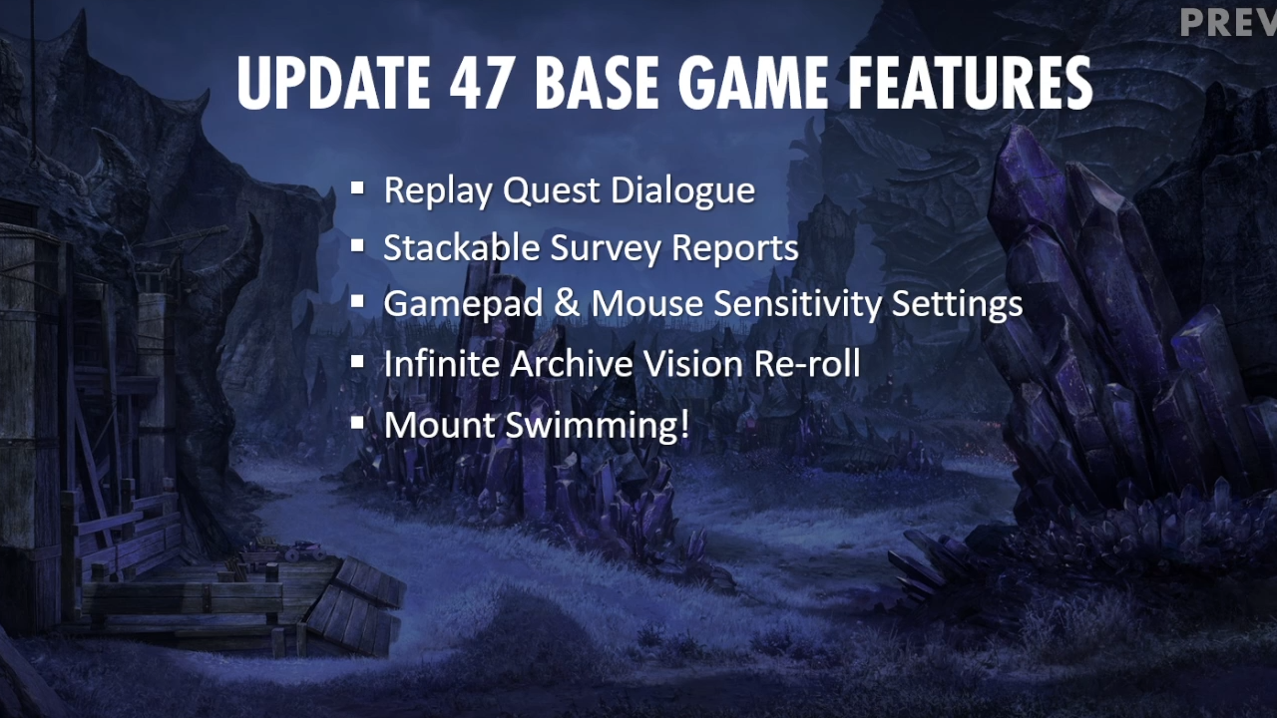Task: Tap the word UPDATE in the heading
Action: [333, 83]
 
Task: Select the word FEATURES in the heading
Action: [970, 83]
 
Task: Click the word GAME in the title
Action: [752, 83]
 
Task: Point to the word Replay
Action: [437, 190]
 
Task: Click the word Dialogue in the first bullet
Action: [683, 190]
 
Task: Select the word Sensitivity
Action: [797, 304]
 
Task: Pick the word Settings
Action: [957, 304]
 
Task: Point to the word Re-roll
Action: [807, 363]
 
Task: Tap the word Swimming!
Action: [598, 426]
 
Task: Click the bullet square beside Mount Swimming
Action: [357, 422]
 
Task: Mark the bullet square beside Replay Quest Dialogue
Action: [357, 187]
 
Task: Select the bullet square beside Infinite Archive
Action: [357, 361]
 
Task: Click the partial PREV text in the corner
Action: [1228, 23]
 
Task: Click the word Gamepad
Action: [463, 304]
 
